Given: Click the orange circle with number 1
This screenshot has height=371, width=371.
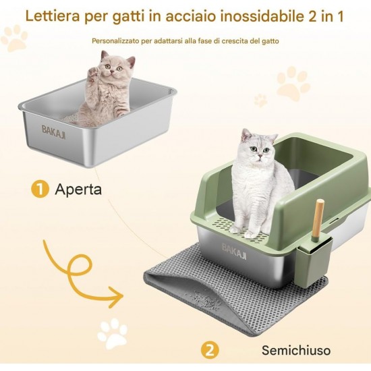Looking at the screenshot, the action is pyautogui.click(x=40, y=189).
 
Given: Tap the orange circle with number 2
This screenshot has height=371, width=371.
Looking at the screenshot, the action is pyautogui.click(x=210, y=350).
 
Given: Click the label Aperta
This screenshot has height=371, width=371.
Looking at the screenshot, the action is pyautogui.click(x=78, y=190).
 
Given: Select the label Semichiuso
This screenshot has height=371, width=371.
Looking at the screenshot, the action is pyautogui.click(x=296, y=350).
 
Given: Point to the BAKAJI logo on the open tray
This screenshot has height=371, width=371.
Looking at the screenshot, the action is pyautogui.click(x=53, y=132).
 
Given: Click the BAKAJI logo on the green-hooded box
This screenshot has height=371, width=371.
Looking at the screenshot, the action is pyautogui.click(x=234, y=252).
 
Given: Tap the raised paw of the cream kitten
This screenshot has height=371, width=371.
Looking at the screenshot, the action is pyautogui.click(x=93, y=72).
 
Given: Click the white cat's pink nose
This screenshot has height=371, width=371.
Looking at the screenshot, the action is pyautogui.click(x=260, y=156).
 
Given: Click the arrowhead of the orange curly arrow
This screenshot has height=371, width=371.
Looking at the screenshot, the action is pyautogui.click(x=117, y=297).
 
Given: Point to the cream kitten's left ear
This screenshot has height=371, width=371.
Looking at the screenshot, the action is pyautogui.click(x=105, y=56).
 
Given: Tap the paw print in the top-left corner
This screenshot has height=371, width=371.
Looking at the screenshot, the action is pyautogui.click(x=15, y=38).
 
